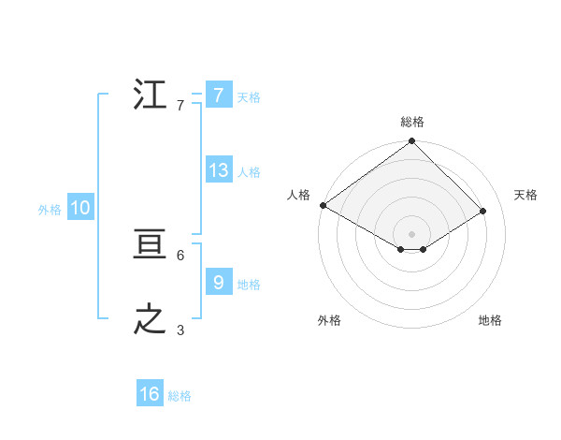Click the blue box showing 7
218,95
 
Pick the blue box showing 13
218,170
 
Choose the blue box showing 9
218,283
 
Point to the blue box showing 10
80,209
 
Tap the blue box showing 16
150,394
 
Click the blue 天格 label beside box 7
249,96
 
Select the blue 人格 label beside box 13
249,172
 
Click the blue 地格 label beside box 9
249,285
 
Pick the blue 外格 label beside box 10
50,211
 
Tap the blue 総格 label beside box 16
180,396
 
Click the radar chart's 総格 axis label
412,122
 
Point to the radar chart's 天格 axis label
526,195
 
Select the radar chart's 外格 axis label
329,320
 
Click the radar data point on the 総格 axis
412,141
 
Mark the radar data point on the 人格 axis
323,205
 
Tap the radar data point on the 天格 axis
483,212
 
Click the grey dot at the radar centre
412,234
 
